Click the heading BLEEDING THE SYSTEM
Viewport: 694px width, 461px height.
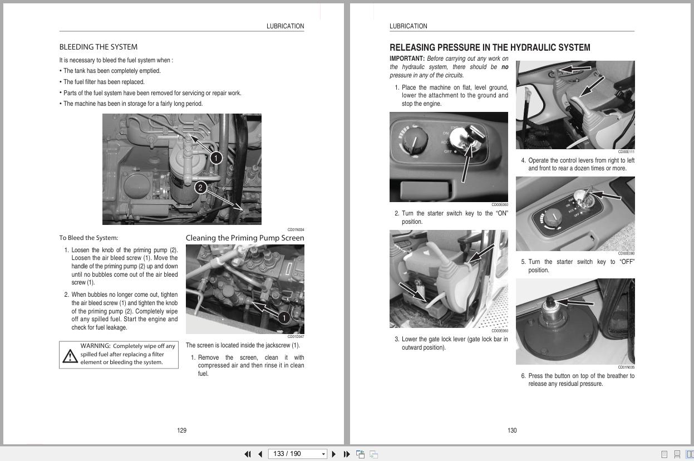pyautogui.click(x=99, y=47)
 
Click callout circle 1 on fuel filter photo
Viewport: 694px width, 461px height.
pyautogui.click(x=216, y=158)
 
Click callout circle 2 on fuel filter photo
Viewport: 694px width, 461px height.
pyautogui.click(x=200, y=188)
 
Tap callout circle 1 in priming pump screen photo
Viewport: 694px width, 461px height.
pyautogui.click(x=284, y=317)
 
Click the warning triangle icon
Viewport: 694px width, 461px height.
pyautogui.click(x=70, y=356)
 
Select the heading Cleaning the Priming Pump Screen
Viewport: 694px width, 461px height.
pyautogui.click(x=245, y=238)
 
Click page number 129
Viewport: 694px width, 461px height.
pyautogui.click(x=181, y=430)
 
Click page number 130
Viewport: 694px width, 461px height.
pyautogui.click(x=512, y=430)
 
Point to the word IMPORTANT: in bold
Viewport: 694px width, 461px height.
pyautogui.click(x=407, y=58)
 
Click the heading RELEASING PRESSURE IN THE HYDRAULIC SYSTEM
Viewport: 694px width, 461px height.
pyautogui.click(x=490, y=47)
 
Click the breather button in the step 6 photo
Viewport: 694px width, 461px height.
pyautogui.click(x=550, y=301)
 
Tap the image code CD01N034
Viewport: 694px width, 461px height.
pyautogui.click(x=296, y=229)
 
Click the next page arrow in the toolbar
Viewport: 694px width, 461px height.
pyautogui.click(x=333, y=454)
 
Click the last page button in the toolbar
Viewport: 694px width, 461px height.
pyautogui.click(x=347, y=454)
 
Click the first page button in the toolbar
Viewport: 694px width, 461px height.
pyautogui.click(x=248, y=454)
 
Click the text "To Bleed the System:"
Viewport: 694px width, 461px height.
pyautogui.click(x=88, y=238)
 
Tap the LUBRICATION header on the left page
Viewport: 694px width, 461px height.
pyautogui.click(x=285, y=26)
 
